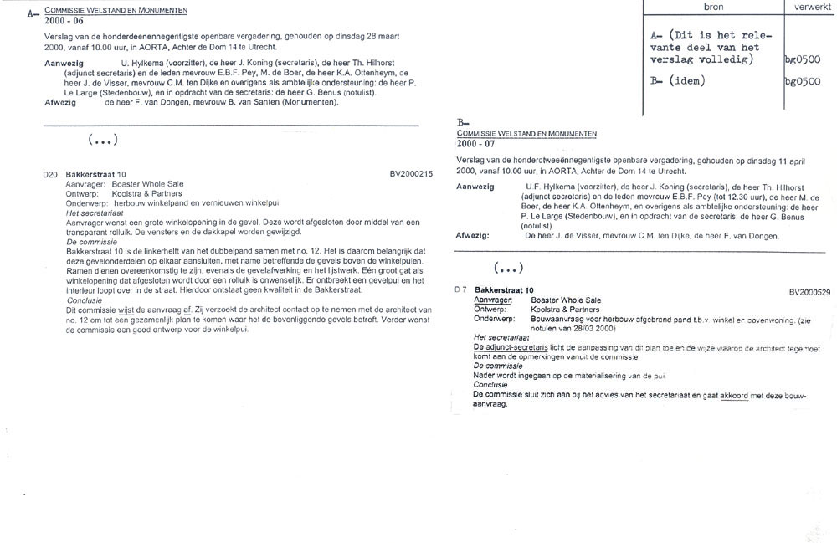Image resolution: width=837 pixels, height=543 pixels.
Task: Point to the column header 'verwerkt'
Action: point(809,6)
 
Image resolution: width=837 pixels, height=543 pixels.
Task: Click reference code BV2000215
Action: point(411,174)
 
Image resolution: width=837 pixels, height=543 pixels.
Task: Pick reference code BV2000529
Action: point(809,291)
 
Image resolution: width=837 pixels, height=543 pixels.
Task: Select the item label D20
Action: point(50,174)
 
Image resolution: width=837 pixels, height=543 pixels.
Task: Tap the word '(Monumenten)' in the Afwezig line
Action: point(308,102)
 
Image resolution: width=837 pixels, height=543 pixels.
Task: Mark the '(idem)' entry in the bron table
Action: point(684,82)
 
